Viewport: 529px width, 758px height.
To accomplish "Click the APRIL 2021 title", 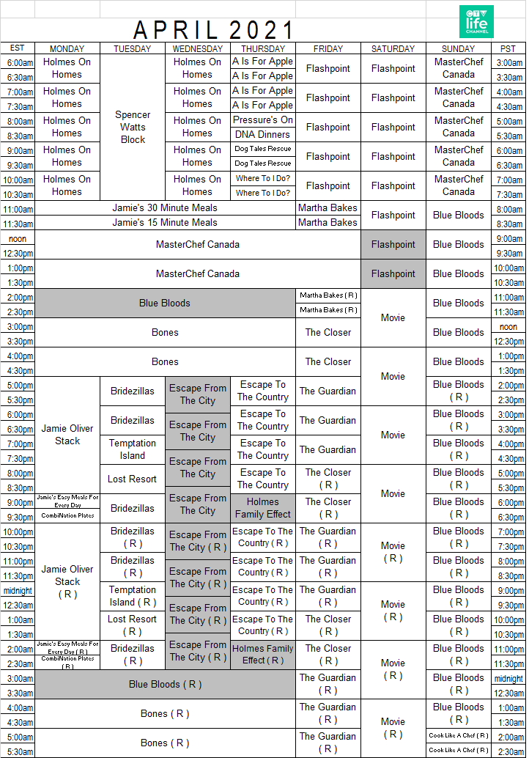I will [x=214, y=30].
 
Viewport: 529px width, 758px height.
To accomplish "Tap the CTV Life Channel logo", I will [x=476, y=22].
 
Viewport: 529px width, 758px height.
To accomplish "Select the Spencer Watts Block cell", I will [x=133, y=127].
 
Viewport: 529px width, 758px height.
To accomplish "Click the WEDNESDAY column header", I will [x=198, y=49].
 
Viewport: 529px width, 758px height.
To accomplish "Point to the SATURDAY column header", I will [x=393, y=49].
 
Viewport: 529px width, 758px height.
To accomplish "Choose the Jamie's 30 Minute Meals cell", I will [x=165, y=208].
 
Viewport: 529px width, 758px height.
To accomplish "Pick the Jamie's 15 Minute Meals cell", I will [x=165, y=223].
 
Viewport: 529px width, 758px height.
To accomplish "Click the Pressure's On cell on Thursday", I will [x=263, y=120].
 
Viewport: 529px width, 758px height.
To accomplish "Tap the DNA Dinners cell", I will [x=263, y=135].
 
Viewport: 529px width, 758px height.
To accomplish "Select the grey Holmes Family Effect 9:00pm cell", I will [x=263, y=508].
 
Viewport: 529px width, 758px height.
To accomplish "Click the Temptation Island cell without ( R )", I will [x=133, y=449].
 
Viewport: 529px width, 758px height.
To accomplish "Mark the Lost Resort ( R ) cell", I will [x=133, y=625].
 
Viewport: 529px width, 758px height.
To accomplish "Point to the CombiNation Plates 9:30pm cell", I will [x=67, y=516].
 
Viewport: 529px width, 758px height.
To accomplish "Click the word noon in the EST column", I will [x=18, y=239].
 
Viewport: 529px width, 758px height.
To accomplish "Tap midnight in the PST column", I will [x=508, y=679].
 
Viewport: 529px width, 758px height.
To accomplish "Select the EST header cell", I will [x=18, y=48].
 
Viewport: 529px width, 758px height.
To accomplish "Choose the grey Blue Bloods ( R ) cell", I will [x=165, y=684].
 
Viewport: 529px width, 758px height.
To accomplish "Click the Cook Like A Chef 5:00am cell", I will [x=459, y=735].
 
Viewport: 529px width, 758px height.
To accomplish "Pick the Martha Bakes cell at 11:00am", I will [x=328, y=208].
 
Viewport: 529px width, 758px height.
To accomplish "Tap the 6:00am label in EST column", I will [x=20, y=63].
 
